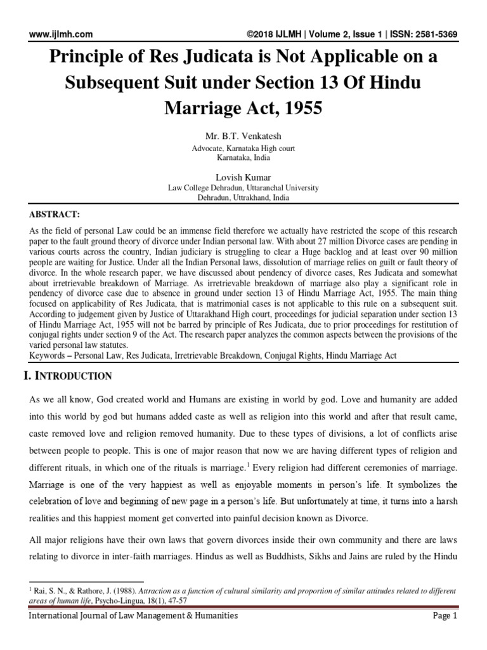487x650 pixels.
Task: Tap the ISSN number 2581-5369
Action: pyautogui.click(x=436, y=34)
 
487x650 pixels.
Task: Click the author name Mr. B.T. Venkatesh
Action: pyautogui.click(x=243, y=137)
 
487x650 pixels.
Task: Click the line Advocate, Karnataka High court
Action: pyautogui.click(x=243, y=149)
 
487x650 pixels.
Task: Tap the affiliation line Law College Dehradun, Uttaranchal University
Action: pyautogui.click(x=243, y=189)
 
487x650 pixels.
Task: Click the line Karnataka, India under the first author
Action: pyautogui.click(x=243, y=157)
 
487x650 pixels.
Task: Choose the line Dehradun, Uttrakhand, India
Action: pyautogui.click(x=243, y=197)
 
